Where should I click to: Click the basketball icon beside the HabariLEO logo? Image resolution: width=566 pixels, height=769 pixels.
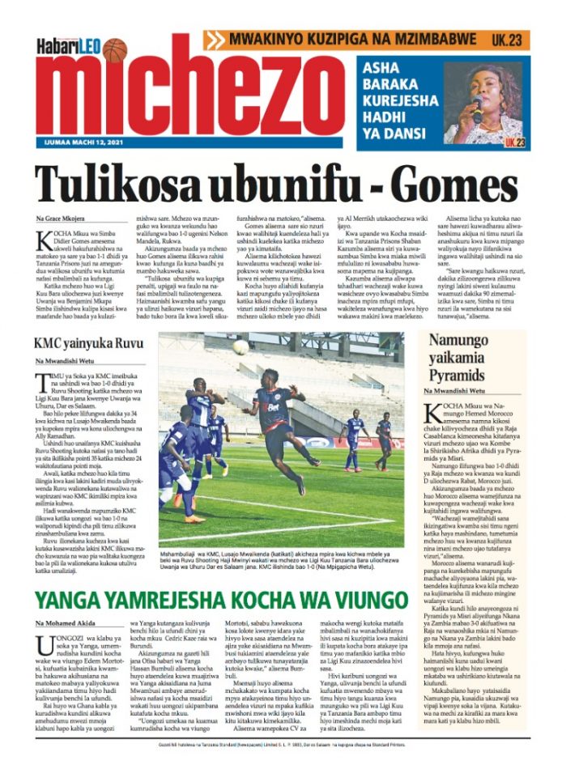pyautogui.click(x=115, y=50)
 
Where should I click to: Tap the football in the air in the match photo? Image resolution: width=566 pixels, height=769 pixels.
pyautogui.click(x=240, y=346)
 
